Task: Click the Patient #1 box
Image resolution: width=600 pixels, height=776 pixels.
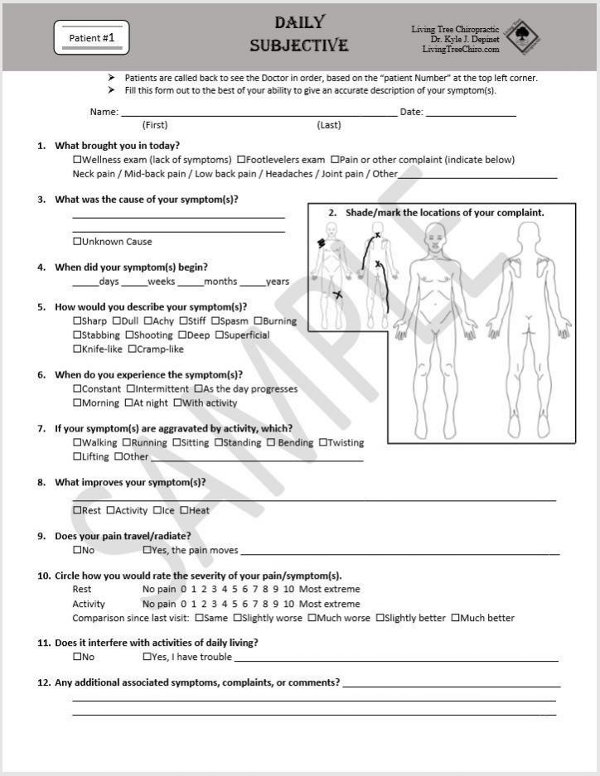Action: point(91,38)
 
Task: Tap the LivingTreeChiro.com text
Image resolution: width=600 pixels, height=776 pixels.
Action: point(461,50)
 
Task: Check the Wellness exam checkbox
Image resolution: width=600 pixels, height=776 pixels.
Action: point(77,160)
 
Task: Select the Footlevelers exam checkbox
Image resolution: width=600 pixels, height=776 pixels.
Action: point(241,160)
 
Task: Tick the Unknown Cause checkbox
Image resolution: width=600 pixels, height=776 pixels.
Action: point(77,242)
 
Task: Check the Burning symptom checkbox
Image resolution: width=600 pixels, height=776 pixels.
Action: point(258,321)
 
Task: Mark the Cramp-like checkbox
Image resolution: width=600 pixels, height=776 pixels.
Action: point(132,349)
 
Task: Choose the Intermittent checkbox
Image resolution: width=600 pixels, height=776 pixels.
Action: point(130,389)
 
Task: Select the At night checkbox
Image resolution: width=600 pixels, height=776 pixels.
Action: point(128,403)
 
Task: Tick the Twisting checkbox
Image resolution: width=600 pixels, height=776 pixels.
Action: point(322,443)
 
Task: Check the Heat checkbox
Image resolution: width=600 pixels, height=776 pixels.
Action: point(183,511)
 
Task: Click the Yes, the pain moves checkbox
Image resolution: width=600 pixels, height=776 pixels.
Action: point(147,551)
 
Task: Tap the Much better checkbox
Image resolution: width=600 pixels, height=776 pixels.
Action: point(454,618)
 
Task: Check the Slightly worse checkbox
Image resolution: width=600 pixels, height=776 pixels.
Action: point(237,618)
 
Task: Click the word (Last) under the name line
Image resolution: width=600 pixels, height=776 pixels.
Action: point(329,125)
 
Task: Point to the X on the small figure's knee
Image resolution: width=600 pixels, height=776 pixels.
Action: point(337,295)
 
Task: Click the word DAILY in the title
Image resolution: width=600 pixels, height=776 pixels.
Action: point(299,23)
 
